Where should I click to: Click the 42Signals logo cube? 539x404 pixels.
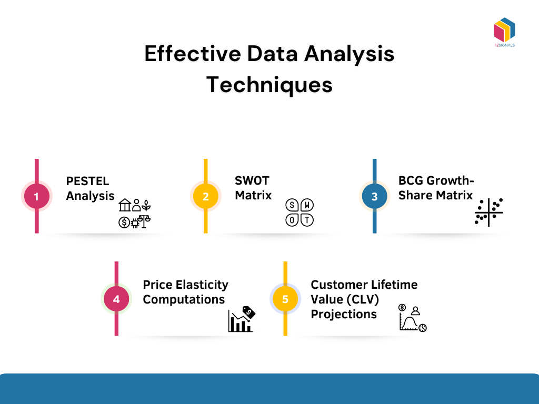(504, 30)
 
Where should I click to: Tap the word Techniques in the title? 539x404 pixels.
(269, 85)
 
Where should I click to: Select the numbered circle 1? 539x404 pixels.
(37, 197)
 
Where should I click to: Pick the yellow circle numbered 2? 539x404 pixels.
(205, 197)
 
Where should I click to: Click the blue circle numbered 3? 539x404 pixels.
(374, 197)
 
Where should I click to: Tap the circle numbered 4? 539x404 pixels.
(116, 299)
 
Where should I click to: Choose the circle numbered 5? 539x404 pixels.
(285, 299)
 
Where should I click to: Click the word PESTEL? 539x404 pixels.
(87, 181)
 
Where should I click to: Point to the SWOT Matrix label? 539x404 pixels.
(253, 188)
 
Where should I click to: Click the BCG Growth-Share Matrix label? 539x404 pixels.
(436, 188)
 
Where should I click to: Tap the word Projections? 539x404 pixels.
(343, 314)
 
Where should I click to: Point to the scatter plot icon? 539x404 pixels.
(488, 212)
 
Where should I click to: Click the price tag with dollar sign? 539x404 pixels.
(248, 312)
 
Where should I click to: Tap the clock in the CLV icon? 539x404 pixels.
(422, 328)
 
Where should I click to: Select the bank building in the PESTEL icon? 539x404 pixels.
(125, 205)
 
